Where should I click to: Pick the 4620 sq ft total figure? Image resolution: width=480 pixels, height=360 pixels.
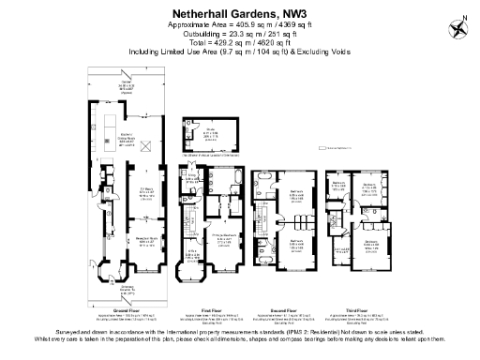pyautogui.click(x=276, y=43)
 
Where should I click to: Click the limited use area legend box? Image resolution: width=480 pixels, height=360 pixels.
pyautogui.click(x=320, y=147)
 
